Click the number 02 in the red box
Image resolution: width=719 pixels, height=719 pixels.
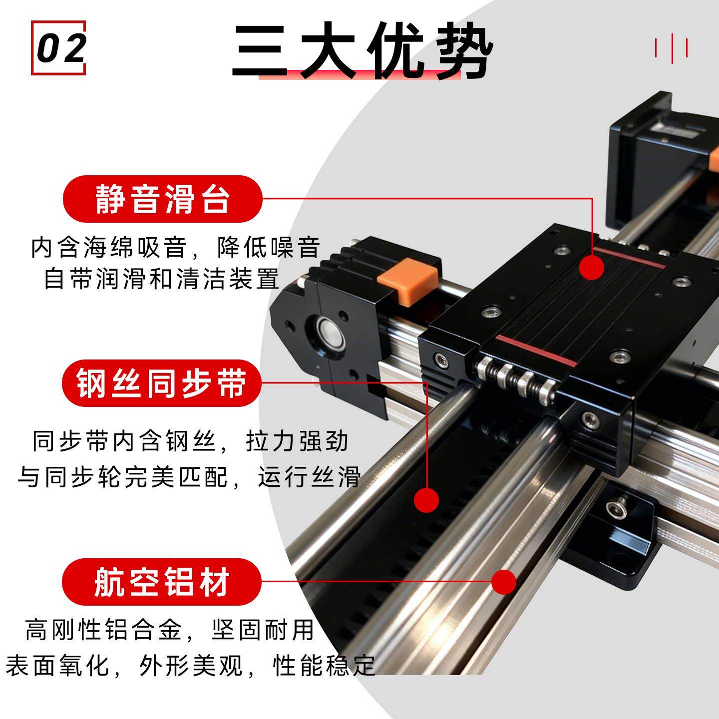(61, 48)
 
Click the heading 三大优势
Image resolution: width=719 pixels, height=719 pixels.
(362, 50)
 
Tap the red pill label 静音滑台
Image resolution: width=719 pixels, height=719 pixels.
(162, 199)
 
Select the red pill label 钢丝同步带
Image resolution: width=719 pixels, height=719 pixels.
(161, 383)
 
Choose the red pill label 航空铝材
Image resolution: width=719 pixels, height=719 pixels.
(161, 582)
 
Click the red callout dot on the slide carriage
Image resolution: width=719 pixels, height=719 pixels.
(592, 267)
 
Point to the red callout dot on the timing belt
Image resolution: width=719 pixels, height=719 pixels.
(426, 500)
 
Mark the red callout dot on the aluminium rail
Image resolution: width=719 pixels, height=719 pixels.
(504, 582)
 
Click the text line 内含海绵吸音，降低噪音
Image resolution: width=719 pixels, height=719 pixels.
(175, 247)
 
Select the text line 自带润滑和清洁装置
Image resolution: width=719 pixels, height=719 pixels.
(162, 278)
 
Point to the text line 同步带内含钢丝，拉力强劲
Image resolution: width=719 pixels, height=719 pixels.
(190, 441)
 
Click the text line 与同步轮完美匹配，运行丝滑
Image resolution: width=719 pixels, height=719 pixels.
(189, 476)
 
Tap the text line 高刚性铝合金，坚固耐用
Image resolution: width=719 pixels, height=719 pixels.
(170, 630)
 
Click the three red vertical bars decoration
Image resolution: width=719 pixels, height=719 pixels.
(671, 48)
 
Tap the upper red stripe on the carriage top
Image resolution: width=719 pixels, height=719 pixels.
(629, 257)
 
